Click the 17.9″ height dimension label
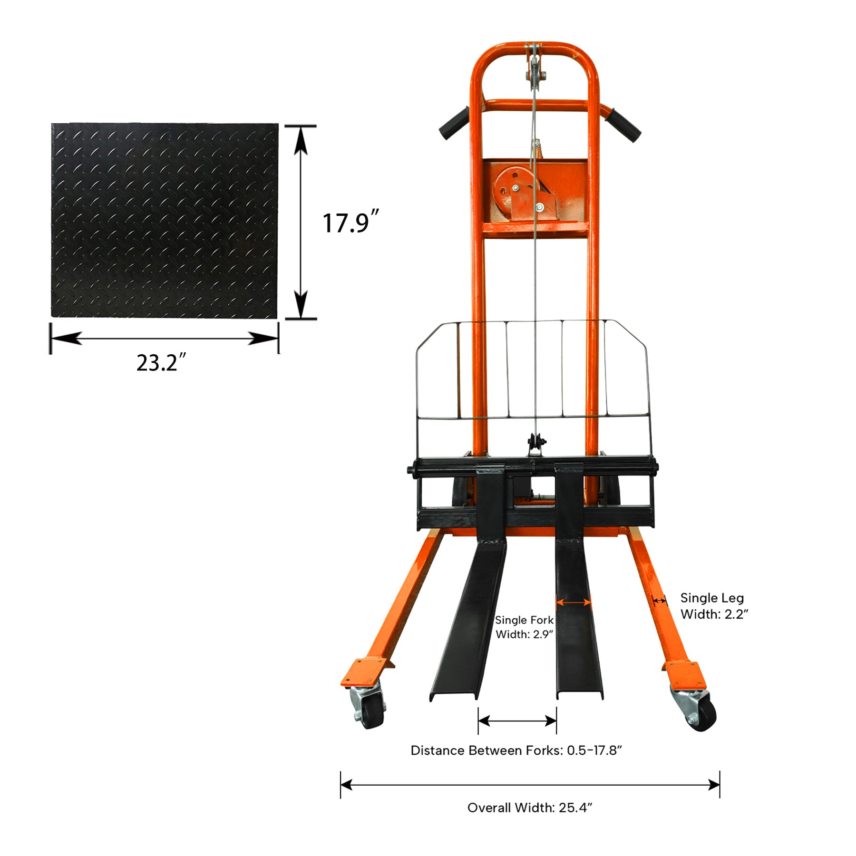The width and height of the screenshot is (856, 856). click(350, 222)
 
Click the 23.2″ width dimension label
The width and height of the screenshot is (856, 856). click(161, 363)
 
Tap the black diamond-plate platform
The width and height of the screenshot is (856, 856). click(164, 221)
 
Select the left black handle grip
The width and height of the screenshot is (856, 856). click(454, 123)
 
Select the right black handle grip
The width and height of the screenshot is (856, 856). click(623, 125)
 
